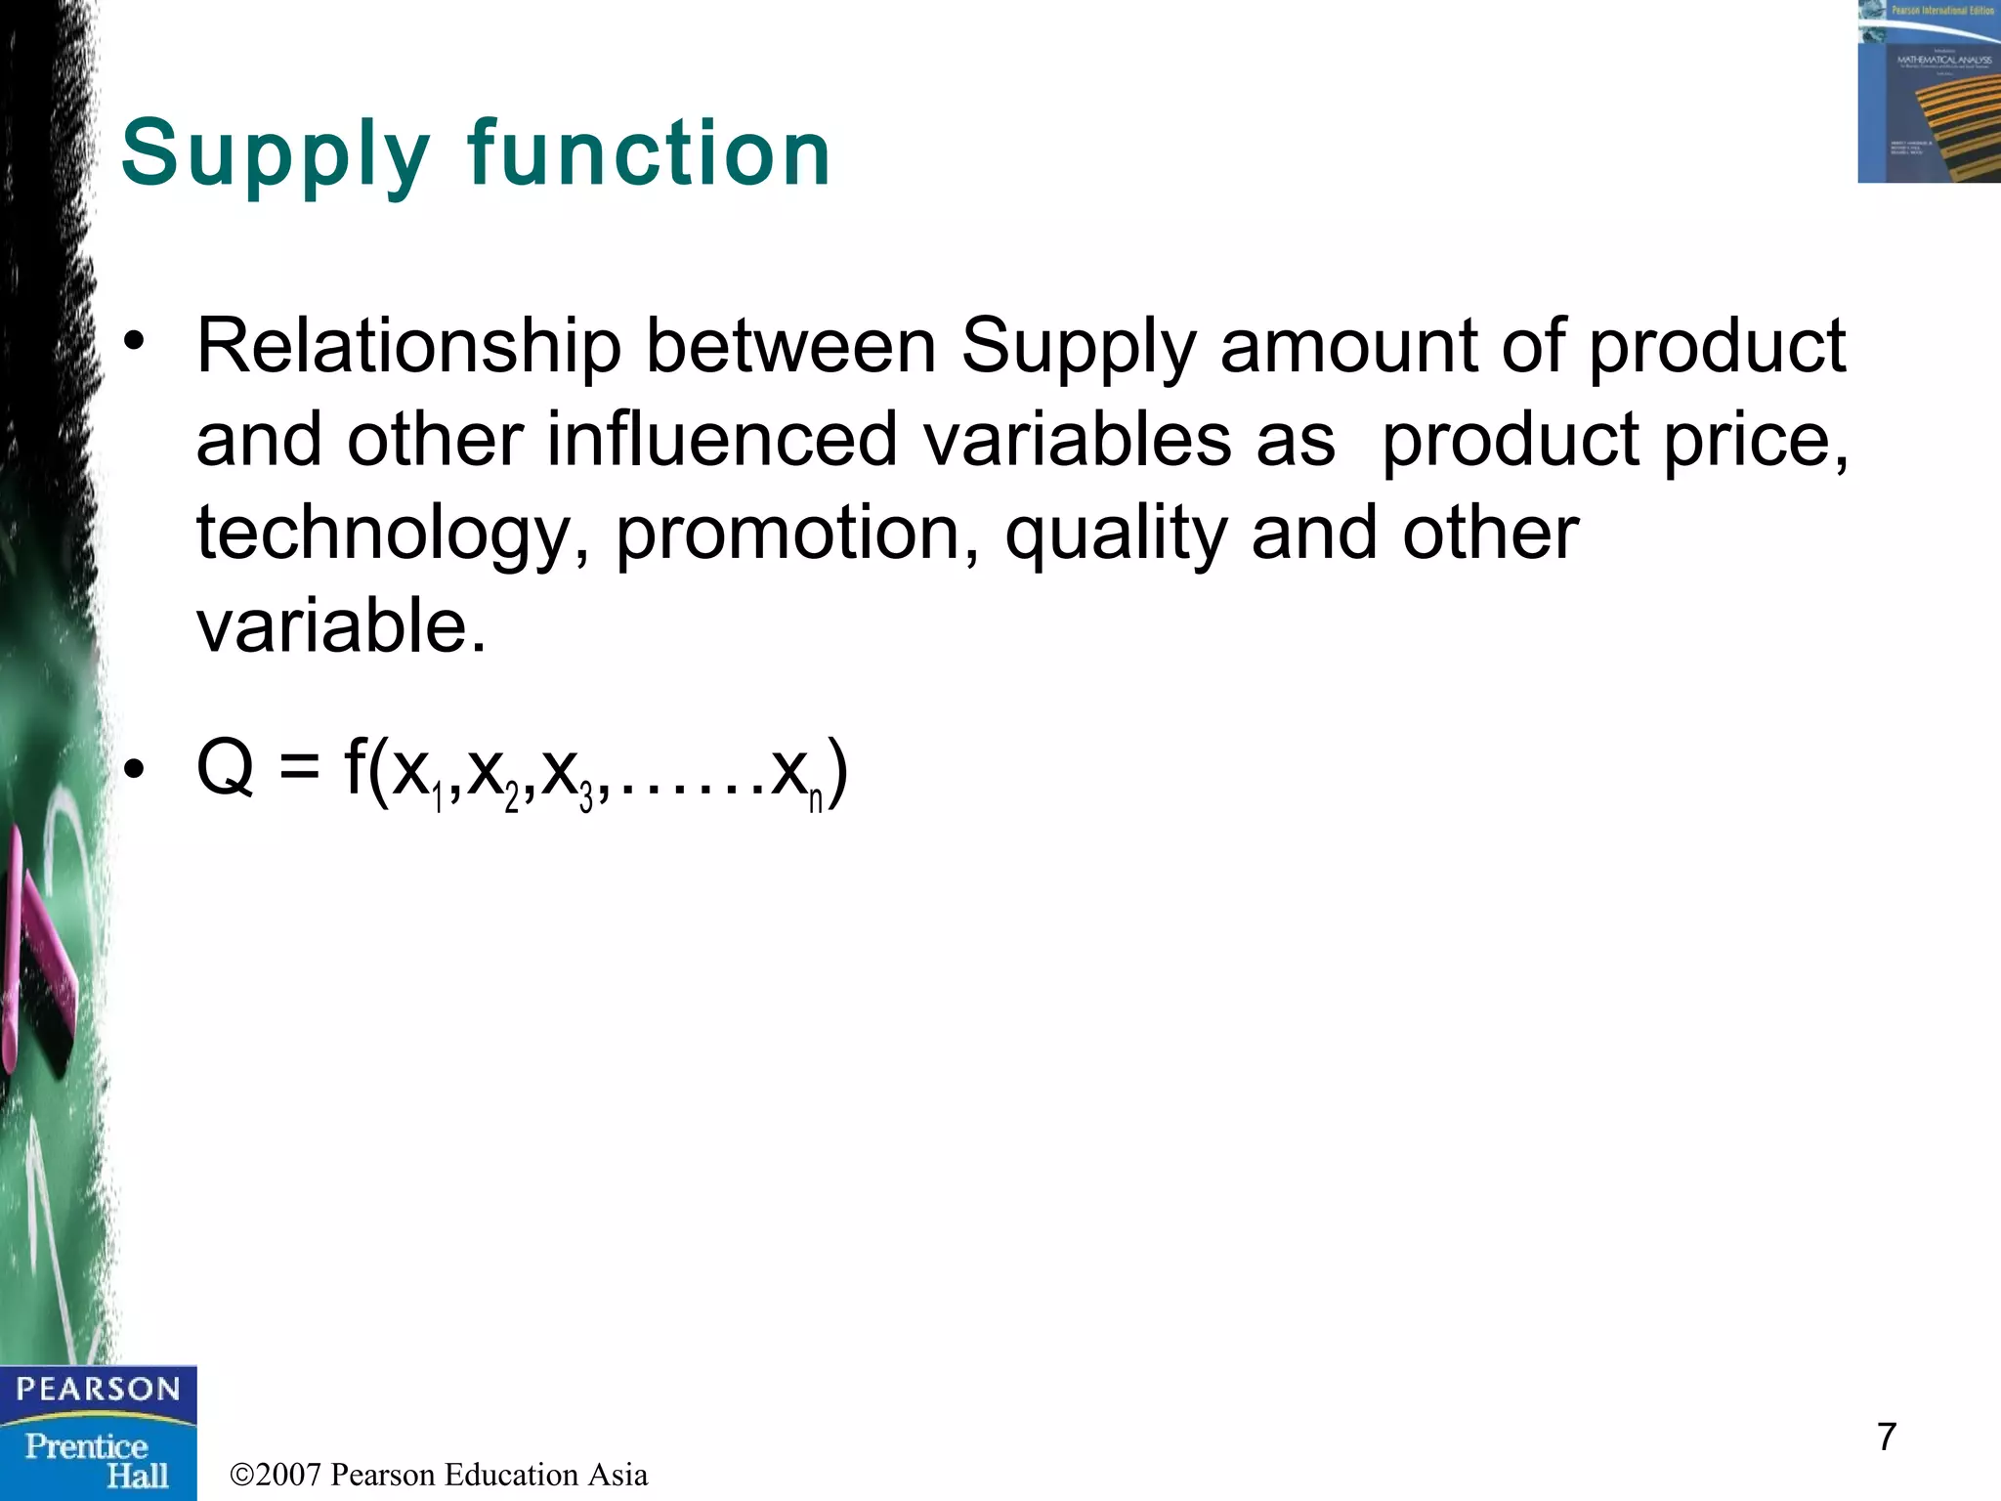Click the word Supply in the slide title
coord(275,154)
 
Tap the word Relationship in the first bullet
coord(408,347)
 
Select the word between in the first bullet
coord(790,347)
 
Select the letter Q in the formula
coord(226,768)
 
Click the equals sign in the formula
coord(299,768)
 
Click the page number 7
coord(1887,1437)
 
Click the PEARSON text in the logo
coord(98,1389)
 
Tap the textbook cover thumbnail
coord(1929,91)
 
